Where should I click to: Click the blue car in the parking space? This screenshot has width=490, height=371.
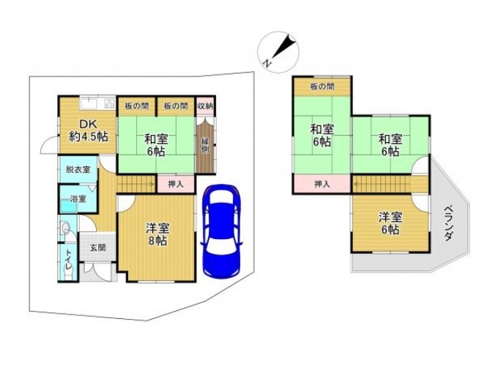pos(221,230)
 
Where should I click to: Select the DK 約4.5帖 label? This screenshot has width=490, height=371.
pos(89,131)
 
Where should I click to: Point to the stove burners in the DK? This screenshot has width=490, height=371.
pos(110,103)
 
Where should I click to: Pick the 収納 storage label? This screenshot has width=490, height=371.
pos(206,106)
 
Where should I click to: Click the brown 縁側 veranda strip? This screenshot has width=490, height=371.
pos(205,145)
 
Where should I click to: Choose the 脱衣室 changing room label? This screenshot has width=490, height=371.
pos(78,169)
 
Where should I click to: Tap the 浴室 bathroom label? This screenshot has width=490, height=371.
pos(78,199)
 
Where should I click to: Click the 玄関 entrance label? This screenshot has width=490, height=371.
pos(98,248)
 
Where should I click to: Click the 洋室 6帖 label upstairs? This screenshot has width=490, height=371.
pos(390,224)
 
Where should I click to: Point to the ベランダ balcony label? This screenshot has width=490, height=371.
pos(448,223)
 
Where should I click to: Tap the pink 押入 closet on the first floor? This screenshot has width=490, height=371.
pos(176,184)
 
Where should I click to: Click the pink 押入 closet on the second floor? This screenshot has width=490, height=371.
pos(322,184)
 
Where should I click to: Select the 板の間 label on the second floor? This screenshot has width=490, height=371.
pos(322,87)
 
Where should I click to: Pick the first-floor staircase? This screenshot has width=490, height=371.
pos(136,184)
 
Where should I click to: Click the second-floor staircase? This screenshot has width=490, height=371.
pos(382,184)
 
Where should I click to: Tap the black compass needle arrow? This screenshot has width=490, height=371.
pos(284,48)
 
